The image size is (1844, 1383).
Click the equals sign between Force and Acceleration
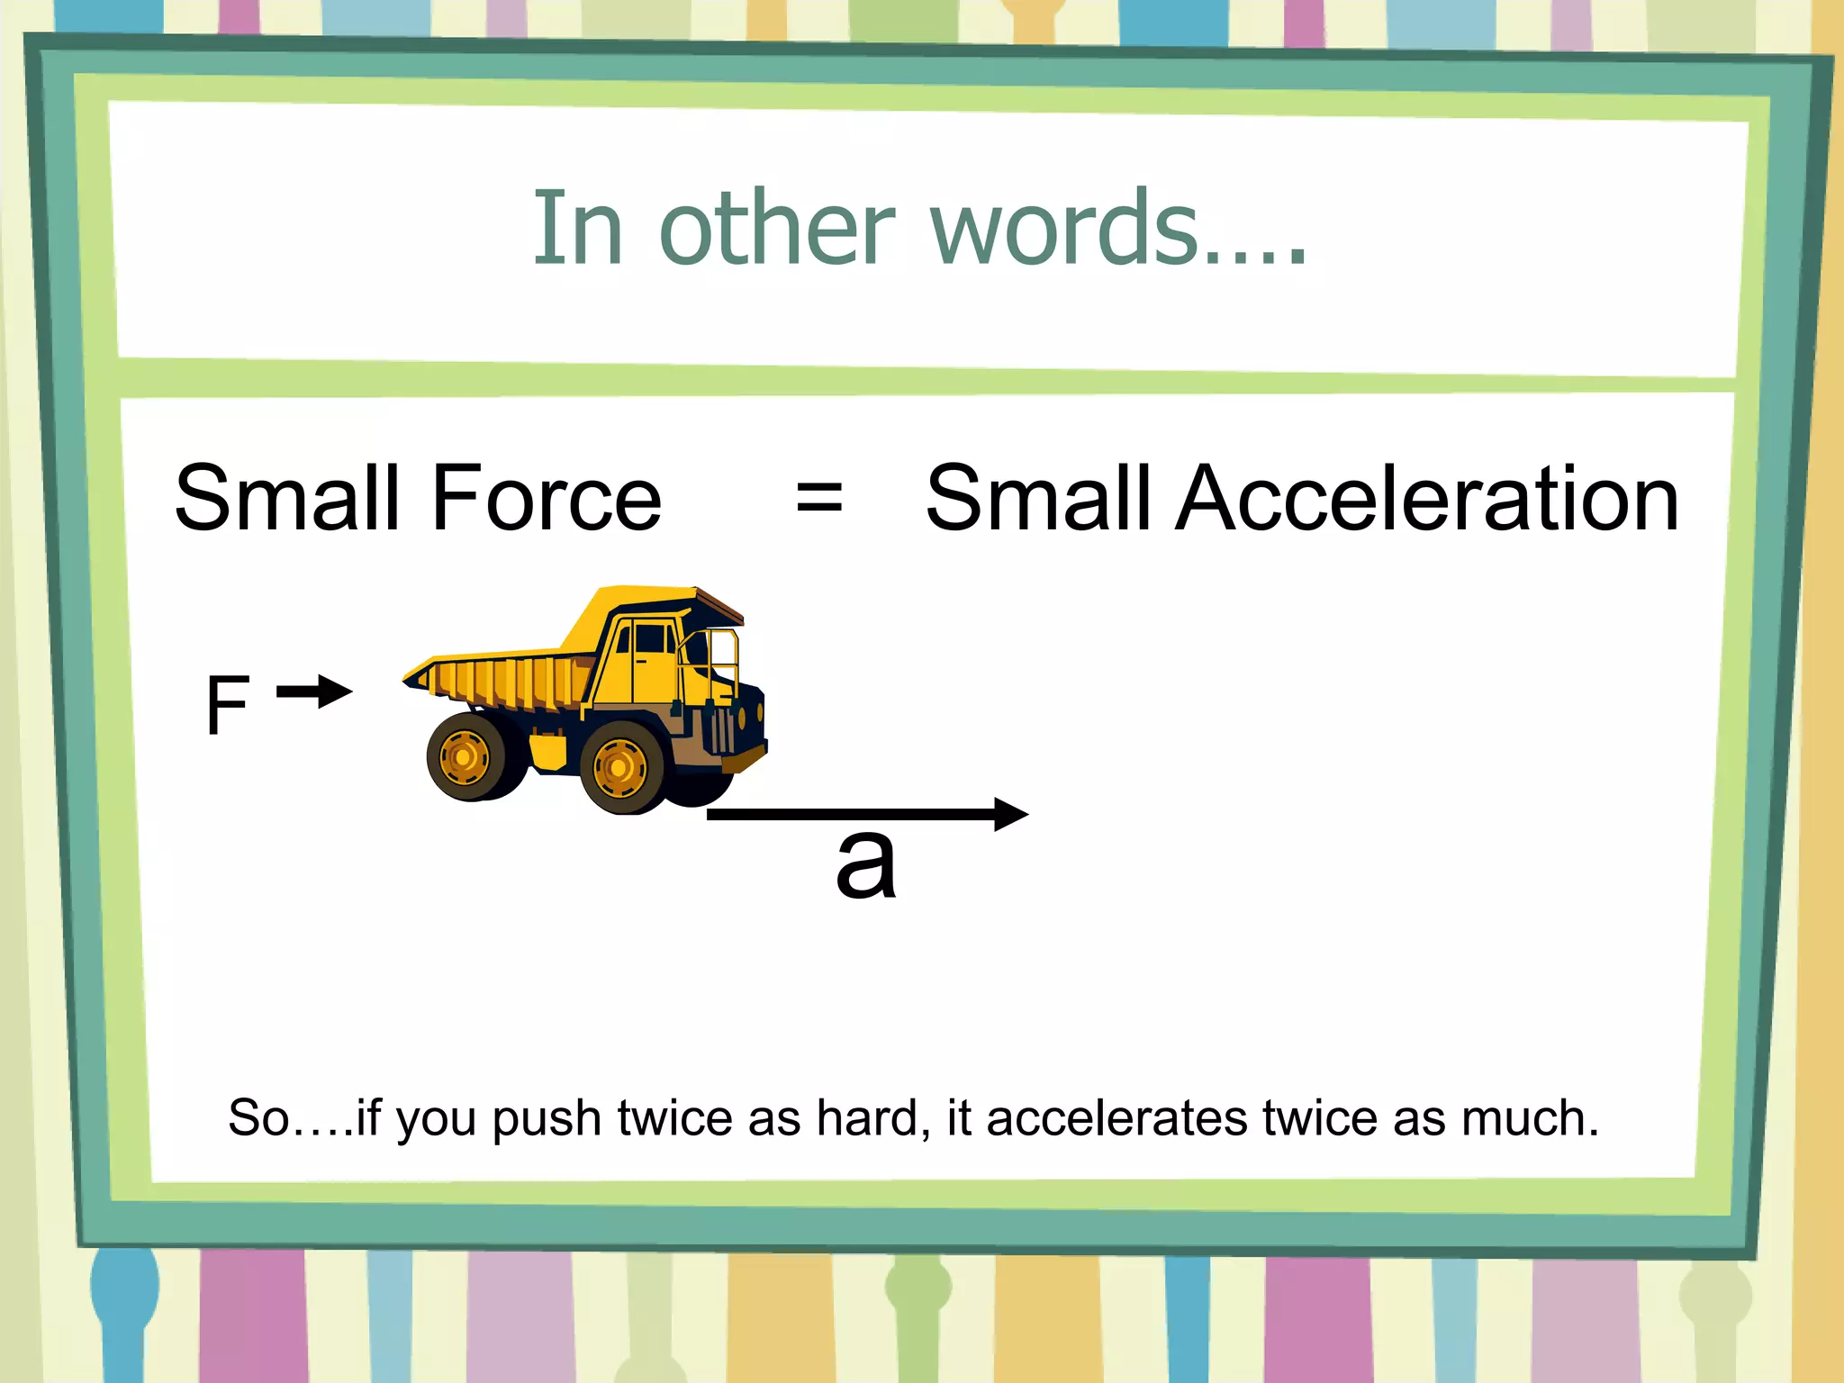coord(819,498)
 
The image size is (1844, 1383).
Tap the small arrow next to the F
coord(314,692)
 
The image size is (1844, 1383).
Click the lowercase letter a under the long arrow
coord(865,864)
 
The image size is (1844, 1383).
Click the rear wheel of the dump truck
coord(465,756)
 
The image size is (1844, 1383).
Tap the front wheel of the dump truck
coord(619,768)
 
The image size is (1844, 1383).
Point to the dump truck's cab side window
coord(652,639)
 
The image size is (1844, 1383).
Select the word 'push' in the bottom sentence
coord(547,1119)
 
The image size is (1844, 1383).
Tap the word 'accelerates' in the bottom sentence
coord(1116,1119)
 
